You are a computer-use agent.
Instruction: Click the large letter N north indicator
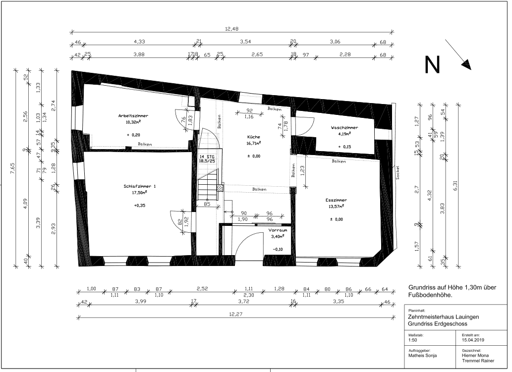432,64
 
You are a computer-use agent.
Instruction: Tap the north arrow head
467,65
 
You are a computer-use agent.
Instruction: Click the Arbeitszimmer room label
133,115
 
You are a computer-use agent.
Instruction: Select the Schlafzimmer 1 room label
140,186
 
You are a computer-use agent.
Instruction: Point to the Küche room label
253,137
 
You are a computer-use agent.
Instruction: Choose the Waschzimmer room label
344,128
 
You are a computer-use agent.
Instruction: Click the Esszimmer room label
336,200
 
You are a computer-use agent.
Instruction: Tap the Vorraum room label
278,230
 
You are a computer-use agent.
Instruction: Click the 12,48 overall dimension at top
232,29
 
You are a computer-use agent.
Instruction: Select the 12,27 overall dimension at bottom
236,314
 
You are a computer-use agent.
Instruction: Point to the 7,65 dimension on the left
12,168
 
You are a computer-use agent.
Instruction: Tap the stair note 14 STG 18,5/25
207,159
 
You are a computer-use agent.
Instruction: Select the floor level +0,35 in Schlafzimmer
139,206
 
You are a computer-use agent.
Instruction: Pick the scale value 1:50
413,340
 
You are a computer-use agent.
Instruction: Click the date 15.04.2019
473,340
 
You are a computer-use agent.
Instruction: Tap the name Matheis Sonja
422,356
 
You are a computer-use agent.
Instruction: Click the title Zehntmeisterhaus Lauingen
444,317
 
